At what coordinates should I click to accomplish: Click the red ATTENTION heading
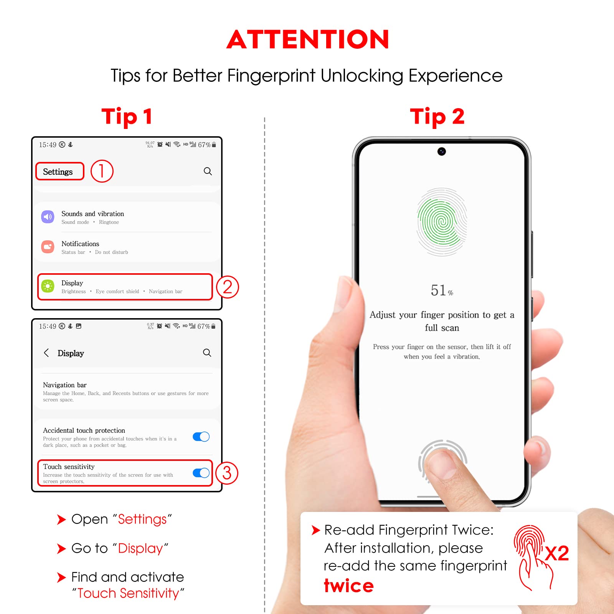(308, 40)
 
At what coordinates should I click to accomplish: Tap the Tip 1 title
(127, 116)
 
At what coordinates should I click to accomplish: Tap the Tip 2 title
(437, 116)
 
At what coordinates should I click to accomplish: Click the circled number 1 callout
(102, 171)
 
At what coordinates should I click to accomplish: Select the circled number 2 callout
(227, 287)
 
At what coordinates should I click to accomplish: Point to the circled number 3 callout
(226, 473)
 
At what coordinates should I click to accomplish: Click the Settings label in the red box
(58, 172)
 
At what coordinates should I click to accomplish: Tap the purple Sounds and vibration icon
(48, 217)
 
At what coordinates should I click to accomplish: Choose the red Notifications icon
(48, 247)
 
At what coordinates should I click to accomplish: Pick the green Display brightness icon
(48, 286)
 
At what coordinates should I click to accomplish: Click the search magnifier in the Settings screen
(208, 171)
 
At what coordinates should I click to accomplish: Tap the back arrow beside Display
(46, 353)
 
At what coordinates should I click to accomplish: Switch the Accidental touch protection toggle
(201, 437)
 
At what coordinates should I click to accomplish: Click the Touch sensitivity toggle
(201, 473)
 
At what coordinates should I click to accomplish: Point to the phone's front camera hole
(442, 152)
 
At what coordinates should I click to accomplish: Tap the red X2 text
(557, 553)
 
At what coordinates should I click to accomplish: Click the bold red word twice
(348, 586)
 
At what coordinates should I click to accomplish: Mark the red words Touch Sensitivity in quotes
(128, 593)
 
